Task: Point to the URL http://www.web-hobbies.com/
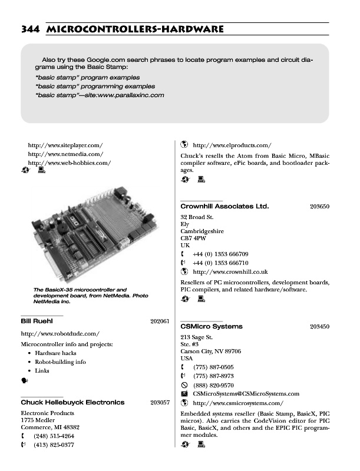click(x=69, y=162)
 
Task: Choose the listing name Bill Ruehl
click(x=37, y=321)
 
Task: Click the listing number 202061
click(x=160, y=321)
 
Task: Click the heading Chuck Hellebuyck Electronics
click(x=72, y=403)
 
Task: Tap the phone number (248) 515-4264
click(x=54, y=436)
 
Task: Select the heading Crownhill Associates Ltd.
click(x=224, y=207)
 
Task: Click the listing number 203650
click(x=319, y=207)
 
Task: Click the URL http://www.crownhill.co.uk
click(x=230, y=272)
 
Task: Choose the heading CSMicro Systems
click(x=212, y=326)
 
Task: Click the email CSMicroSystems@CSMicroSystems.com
click(x=246, y=394)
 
